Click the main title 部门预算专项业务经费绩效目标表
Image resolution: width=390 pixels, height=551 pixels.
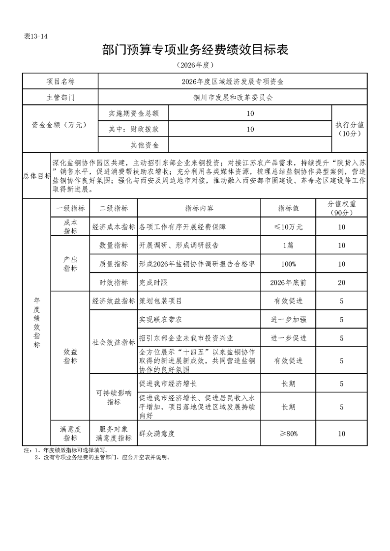click(x=195, y=50)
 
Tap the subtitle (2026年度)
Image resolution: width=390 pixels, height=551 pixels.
click(x=195, y=65)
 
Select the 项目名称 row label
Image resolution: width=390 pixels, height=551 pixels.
click(x=60, y=81)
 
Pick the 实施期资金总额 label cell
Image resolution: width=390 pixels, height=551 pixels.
click(x=133, y=113)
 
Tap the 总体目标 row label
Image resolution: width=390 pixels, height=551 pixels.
click(x=37, y=175)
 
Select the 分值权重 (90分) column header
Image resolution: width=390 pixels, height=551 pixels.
click(x=342, y=208)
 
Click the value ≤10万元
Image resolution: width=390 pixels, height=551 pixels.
click(x=288, y=227)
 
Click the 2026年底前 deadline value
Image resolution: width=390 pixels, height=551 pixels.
click(x=288, y=282)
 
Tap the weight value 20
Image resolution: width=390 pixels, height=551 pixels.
click(x=342, y=282)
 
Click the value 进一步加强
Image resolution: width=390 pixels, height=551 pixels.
click(x=289, y=320)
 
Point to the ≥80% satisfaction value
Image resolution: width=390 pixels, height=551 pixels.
click(x=289, y=434)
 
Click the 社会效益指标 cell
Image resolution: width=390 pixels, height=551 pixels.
click(x=114, y=342)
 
